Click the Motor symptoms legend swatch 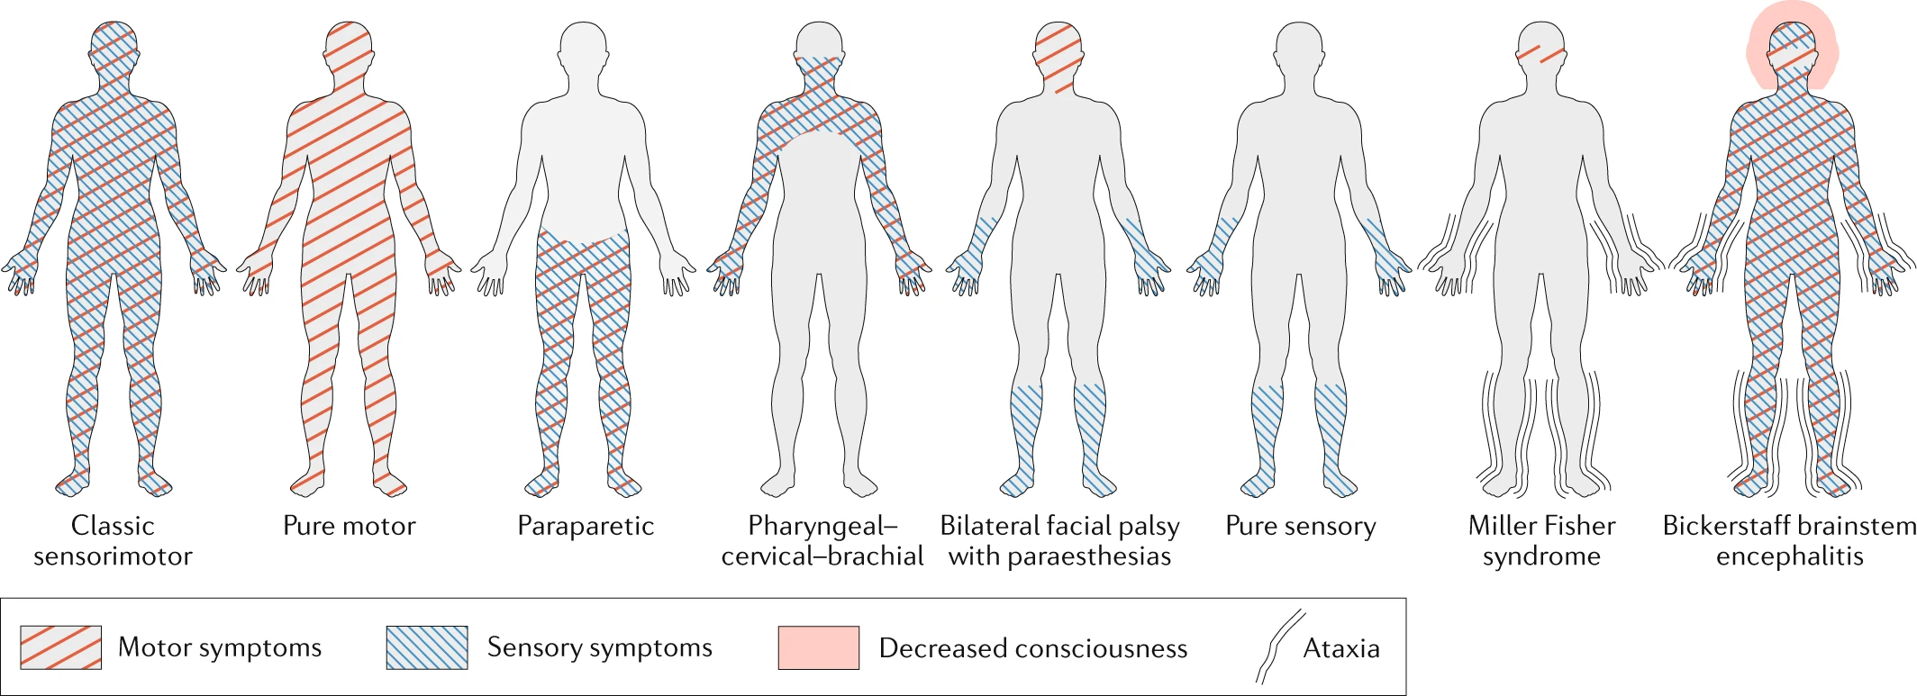point(60,647)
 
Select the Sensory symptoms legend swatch point(427,647)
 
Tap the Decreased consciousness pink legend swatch point(818,647)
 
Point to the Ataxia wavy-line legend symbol point(1280,646)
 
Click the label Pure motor point(350,526)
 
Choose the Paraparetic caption point(586,526)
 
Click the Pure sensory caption point(1301,526)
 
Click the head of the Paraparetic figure point(584,50)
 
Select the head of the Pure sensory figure point(1300,50)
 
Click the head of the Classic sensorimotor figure point(114,50)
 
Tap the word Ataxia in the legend point(1341,648)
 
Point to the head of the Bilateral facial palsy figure point(1058,50)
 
